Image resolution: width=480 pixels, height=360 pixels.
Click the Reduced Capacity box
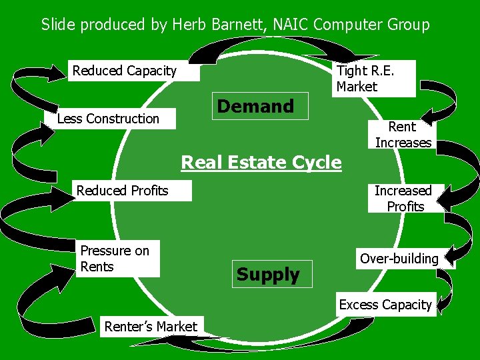(x=133, y=71)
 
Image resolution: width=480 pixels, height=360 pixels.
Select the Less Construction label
(x=109, y=119)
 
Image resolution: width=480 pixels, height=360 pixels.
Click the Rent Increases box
(x=403, y=135)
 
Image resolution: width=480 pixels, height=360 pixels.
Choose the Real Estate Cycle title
(x=261, y=162)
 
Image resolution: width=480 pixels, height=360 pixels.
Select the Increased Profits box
(x=403, y=199)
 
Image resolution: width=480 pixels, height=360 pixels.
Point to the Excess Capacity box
(x=385, y=305)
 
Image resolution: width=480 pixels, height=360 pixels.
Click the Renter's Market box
(x=151, y=326)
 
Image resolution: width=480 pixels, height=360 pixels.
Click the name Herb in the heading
(x=188, y=25)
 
